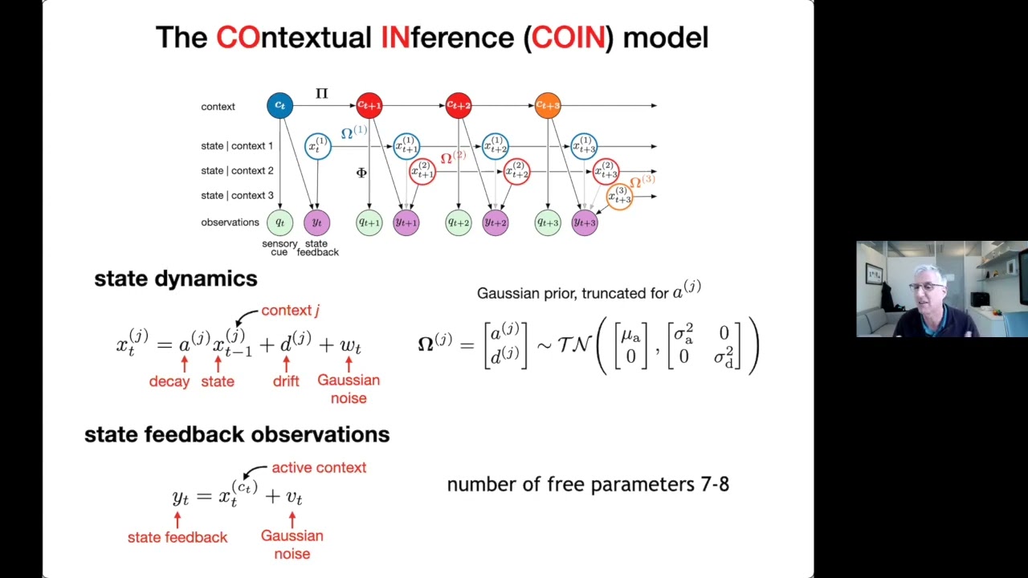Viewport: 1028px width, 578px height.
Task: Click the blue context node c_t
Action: tap(279, 106)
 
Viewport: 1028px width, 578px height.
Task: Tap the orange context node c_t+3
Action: tap(548, 106)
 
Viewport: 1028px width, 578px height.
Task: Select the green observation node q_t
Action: tap(279, 222)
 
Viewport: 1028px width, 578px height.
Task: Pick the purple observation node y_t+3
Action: tap(585, 222)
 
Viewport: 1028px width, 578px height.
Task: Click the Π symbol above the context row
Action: tap(321, 94)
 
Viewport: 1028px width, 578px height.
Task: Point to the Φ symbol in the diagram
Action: tap(361, 173)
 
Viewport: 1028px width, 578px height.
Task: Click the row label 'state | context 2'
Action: tap(237, 170)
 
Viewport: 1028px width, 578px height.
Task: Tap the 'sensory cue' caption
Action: tap(279, 247)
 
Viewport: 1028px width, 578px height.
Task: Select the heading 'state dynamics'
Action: tap(175, 279)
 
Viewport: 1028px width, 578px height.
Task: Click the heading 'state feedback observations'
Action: tap(237, 434)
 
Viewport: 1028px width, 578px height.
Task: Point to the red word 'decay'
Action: tap(169, 381)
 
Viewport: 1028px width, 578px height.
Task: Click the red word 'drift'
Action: tap(286, 381)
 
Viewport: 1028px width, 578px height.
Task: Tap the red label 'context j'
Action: tap(290, 311)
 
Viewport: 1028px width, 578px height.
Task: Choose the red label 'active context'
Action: tap(319, 467)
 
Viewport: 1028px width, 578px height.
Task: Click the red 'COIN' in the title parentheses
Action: tap(568, 38)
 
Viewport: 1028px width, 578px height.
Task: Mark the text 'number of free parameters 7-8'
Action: tap(588, 484)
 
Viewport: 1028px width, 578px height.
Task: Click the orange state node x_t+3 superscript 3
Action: tap(619, 196)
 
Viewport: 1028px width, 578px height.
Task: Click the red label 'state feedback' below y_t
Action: tap(177, 537)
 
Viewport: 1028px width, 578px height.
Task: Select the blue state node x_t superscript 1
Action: tap(318, 146)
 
